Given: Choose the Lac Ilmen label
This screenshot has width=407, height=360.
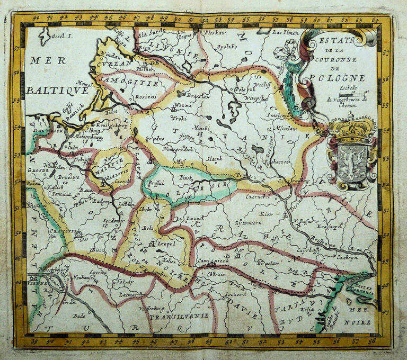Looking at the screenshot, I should (x=287, y=33).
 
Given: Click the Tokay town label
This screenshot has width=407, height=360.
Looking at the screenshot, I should (x=126, y=282).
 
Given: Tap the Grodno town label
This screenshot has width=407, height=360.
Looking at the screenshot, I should (x=154, y=138).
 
